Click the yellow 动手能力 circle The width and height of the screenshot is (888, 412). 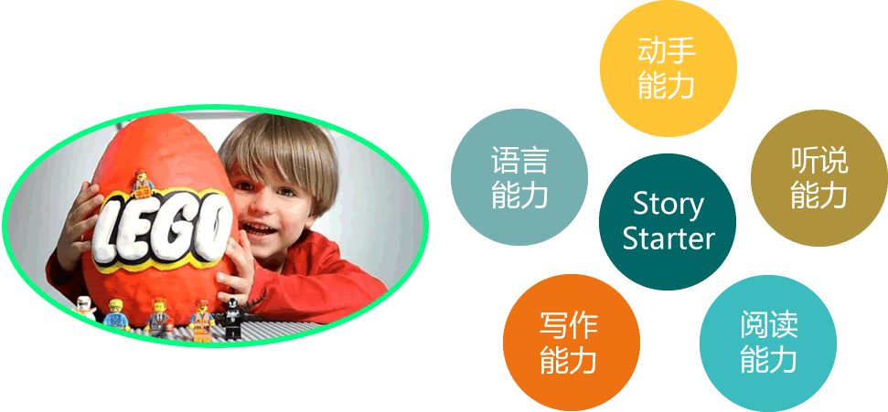(669, 69)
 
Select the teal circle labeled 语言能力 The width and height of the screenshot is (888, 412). (519, 177)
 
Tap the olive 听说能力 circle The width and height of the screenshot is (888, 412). (818, 178)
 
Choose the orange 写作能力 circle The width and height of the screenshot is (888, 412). (572, 343)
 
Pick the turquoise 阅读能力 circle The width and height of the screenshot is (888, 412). (768, 343)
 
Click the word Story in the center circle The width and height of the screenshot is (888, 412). (669, 205)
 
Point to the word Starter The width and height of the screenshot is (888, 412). (669, 238)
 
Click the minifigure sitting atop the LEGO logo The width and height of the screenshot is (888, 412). (142, 182)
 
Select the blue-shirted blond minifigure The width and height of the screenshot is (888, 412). (117, 314)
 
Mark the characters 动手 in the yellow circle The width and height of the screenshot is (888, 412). (667, 52)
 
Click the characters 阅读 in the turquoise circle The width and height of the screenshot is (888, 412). (768, 325)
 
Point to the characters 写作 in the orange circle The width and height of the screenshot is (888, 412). (568, 325)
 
